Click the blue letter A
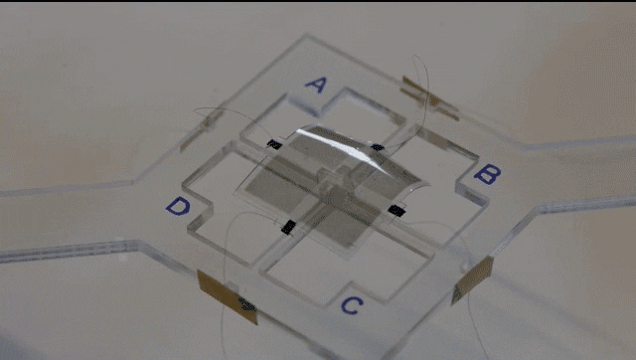coord(316,85)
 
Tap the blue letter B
coord(487,174)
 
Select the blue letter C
coord(352,305)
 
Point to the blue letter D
coord(178,206)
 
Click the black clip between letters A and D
coord(274,144)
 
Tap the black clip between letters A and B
coord(378,147)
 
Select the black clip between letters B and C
coord(397,211)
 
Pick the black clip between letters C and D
coord(288,228)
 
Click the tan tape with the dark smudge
coord(228,297)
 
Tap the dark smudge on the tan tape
coord(246,304)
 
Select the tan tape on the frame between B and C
coord(472,280)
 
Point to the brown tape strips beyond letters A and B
coord(430,98)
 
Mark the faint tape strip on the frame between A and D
coord(201,129)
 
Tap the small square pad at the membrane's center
coord(338,198)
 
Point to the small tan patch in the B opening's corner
coord(436,139)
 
